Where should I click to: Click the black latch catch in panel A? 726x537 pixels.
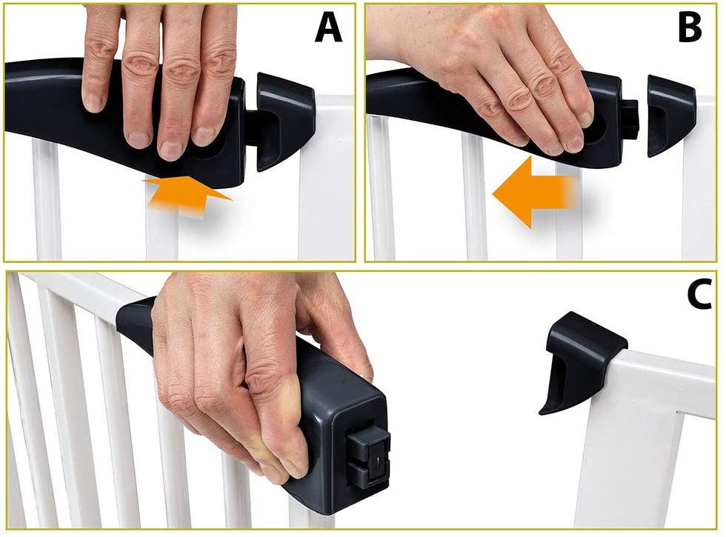[284, 119]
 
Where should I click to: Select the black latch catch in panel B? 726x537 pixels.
[670, 116]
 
